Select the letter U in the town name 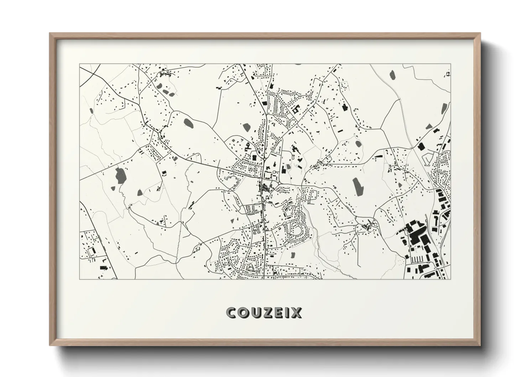pyautogui.click(x=255, y=313)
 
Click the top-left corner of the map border pyautogui.click(x=80, y=64)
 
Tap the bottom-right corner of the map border pyautogui.click(x=450, y=279)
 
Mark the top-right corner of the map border pyautogui.click(x=450, y=64)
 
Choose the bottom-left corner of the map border pyautogui.click(x=80, y=279)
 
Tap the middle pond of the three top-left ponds pyautogui.click(x=166, y=91)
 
